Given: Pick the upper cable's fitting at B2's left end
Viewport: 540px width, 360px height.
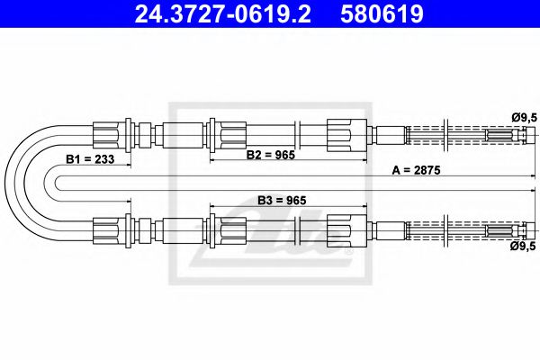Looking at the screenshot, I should point(221,136).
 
